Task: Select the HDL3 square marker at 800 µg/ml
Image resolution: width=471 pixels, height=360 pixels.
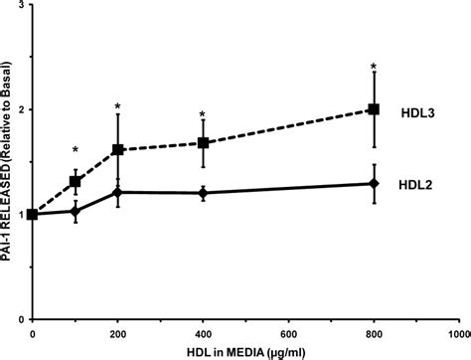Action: pyautogui.click(x=374, y=109)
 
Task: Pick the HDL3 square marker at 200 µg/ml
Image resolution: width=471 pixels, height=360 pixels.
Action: pyautogui.click(x=118, y=149)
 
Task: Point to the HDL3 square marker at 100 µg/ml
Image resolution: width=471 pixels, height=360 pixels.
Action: pyautogui.click(x=76, y=182)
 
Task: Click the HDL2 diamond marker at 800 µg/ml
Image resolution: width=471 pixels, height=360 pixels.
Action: pyautogui.click(x=374, y=183)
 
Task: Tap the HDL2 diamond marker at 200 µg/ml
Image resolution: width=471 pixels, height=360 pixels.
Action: pyautogui.click(x=118, y=192)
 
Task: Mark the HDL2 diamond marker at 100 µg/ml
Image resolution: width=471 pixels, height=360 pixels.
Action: pyautogui.click(x=76, y=211)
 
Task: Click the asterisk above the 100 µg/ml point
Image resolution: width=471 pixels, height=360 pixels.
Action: pyautogui.click(x=76, y=151)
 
